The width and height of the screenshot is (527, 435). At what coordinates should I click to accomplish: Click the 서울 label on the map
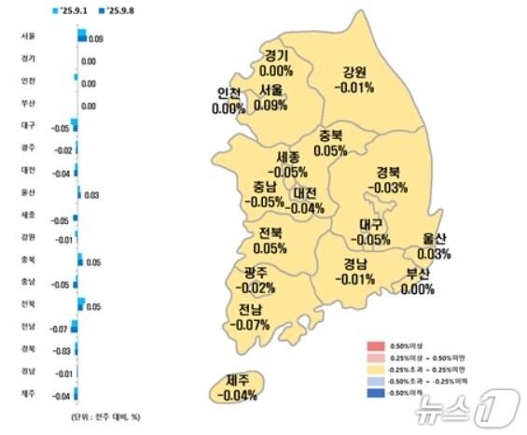[272, 90]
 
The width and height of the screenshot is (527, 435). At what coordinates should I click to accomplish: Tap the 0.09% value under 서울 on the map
[270, 105]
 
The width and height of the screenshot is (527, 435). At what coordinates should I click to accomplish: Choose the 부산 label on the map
[418, 274]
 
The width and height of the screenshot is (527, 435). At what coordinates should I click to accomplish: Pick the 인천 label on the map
[229, 93]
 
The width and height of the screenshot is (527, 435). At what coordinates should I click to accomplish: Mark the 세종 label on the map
[288, 157]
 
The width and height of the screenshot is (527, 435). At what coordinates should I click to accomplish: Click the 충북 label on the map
[330, 135]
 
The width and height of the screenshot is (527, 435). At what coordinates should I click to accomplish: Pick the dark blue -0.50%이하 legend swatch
[370, 393]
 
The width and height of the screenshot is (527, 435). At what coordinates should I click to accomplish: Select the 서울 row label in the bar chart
[28, 36]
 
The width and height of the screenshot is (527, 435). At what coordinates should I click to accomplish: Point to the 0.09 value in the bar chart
[97, 40]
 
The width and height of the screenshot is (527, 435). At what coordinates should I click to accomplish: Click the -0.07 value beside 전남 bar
[58, 329]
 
